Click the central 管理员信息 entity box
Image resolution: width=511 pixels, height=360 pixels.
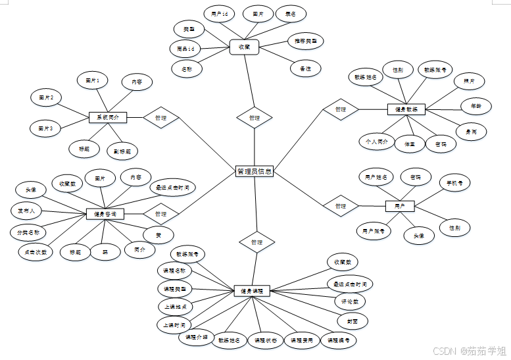[x=255, y=171]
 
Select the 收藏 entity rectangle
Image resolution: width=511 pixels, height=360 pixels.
[x=244, y=47]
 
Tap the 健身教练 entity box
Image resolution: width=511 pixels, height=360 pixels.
[x=406, y=109]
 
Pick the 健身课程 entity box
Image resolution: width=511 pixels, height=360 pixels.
[x=253, y=290]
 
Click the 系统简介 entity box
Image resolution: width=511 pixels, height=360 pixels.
[x=107, y=117]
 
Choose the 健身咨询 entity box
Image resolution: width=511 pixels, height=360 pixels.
[x=105, y=213]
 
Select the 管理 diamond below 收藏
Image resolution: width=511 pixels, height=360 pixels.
[x=255, y=118]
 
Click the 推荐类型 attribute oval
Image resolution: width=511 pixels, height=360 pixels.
[x=305, y=41]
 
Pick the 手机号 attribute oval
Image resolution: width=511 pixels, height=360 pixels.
[x=455, y=183]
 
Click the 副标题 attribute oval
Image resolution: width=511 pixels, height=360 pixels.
[x=122, y=151]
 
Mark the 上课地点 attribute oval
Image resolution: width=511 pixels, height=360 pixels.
[x=175, y=307]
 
